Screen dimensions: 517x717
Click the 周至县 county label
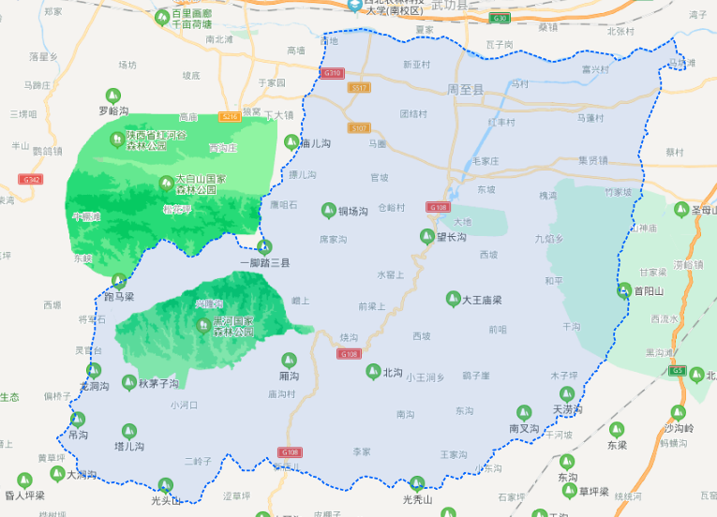pyautogui.click(x=465, y=90)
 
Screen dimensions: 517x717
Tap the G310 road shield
pyautogui.click(x=331, y=73)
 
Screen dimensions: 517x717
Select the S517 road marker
pyautogui.click(x=359, y=87)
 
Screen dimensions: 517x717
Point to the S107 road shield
pyautogui.click(x=359, y=127)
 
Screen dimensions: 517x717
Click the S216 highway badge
pyautogui.click(x=230, y=116)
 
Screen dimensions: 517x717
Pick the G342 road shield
pyautogui.click(x=31, y=179)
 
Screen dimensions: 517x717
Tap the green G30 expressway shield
pyautogui.click(x=500, y=18)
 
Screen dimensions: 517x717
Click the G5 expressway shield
pyautogui.click(x=678, y=370)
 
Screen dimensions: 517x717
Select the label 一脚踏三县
pyautogui.click(x=264, y=263)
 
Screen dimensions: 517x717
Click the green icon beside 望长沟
pyautogui.click(x=427, y=237)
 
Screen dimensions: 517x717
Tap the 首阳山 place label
pyautogui.click(x=649, y=291)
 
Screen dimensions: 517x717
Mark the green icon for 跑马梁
pyautogui.click(x=119, y=281)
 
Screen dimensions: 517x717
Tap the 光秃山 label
pyautogui.click(x=417, y=499)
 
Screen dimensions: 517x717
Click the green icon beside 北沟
pyautogui.click(x=373, y=372)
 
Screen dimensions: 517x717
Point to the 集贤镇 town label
pyautogui.click(x=593, y=160)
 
